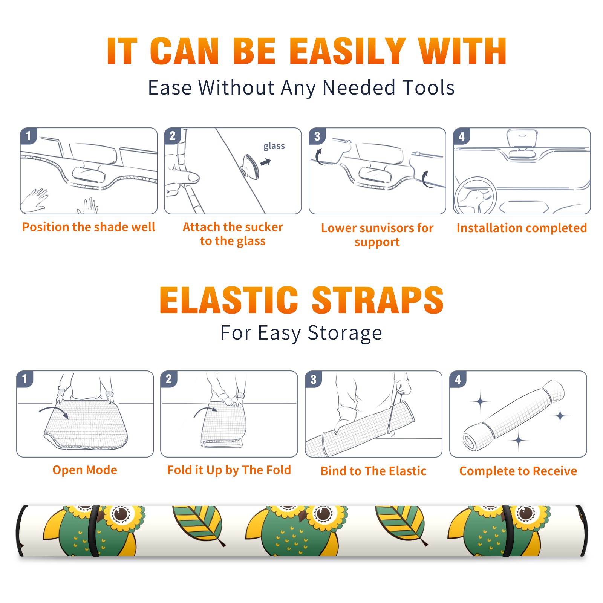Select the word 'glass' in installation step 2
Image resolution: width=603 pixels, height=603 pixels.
pyautogui.click(x=274, y=146)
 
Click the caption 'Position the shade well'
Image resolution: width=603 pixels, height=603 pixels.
pyautogui.click(x=89, y=227)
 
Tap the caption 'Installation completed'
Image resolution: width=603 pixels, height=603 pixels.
pyautogui.click(x=522, y=228)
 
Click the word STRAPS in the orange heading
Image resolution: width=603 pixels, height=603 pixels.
pyautogui.click(x=378, y=300)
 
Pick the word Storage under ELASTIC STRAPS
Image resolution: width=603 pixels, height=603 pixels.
pyautogui.click(x=345, y=333)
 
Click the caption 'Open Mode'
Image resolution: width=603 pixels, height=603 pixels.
pyautogui.click(x=85, y=470)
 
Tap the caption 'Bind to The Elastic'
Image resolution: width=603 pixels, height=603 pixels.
pyautogui.click(x=373, y=471)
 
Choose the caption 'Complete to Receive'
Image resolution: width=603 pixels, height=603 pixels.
pyautogui.click(x=518, y=471)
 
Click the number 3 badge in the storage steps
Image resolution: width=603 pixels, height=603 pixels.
pyautogui.click(x=314, y=379)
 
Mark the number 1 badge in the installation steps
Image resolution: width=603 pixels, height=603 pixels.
pyautogui.click(x=28, y=136)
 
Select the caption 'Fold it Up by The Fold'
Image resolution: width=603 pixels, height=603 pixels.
pyautogui.click(x=229, y=470)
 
